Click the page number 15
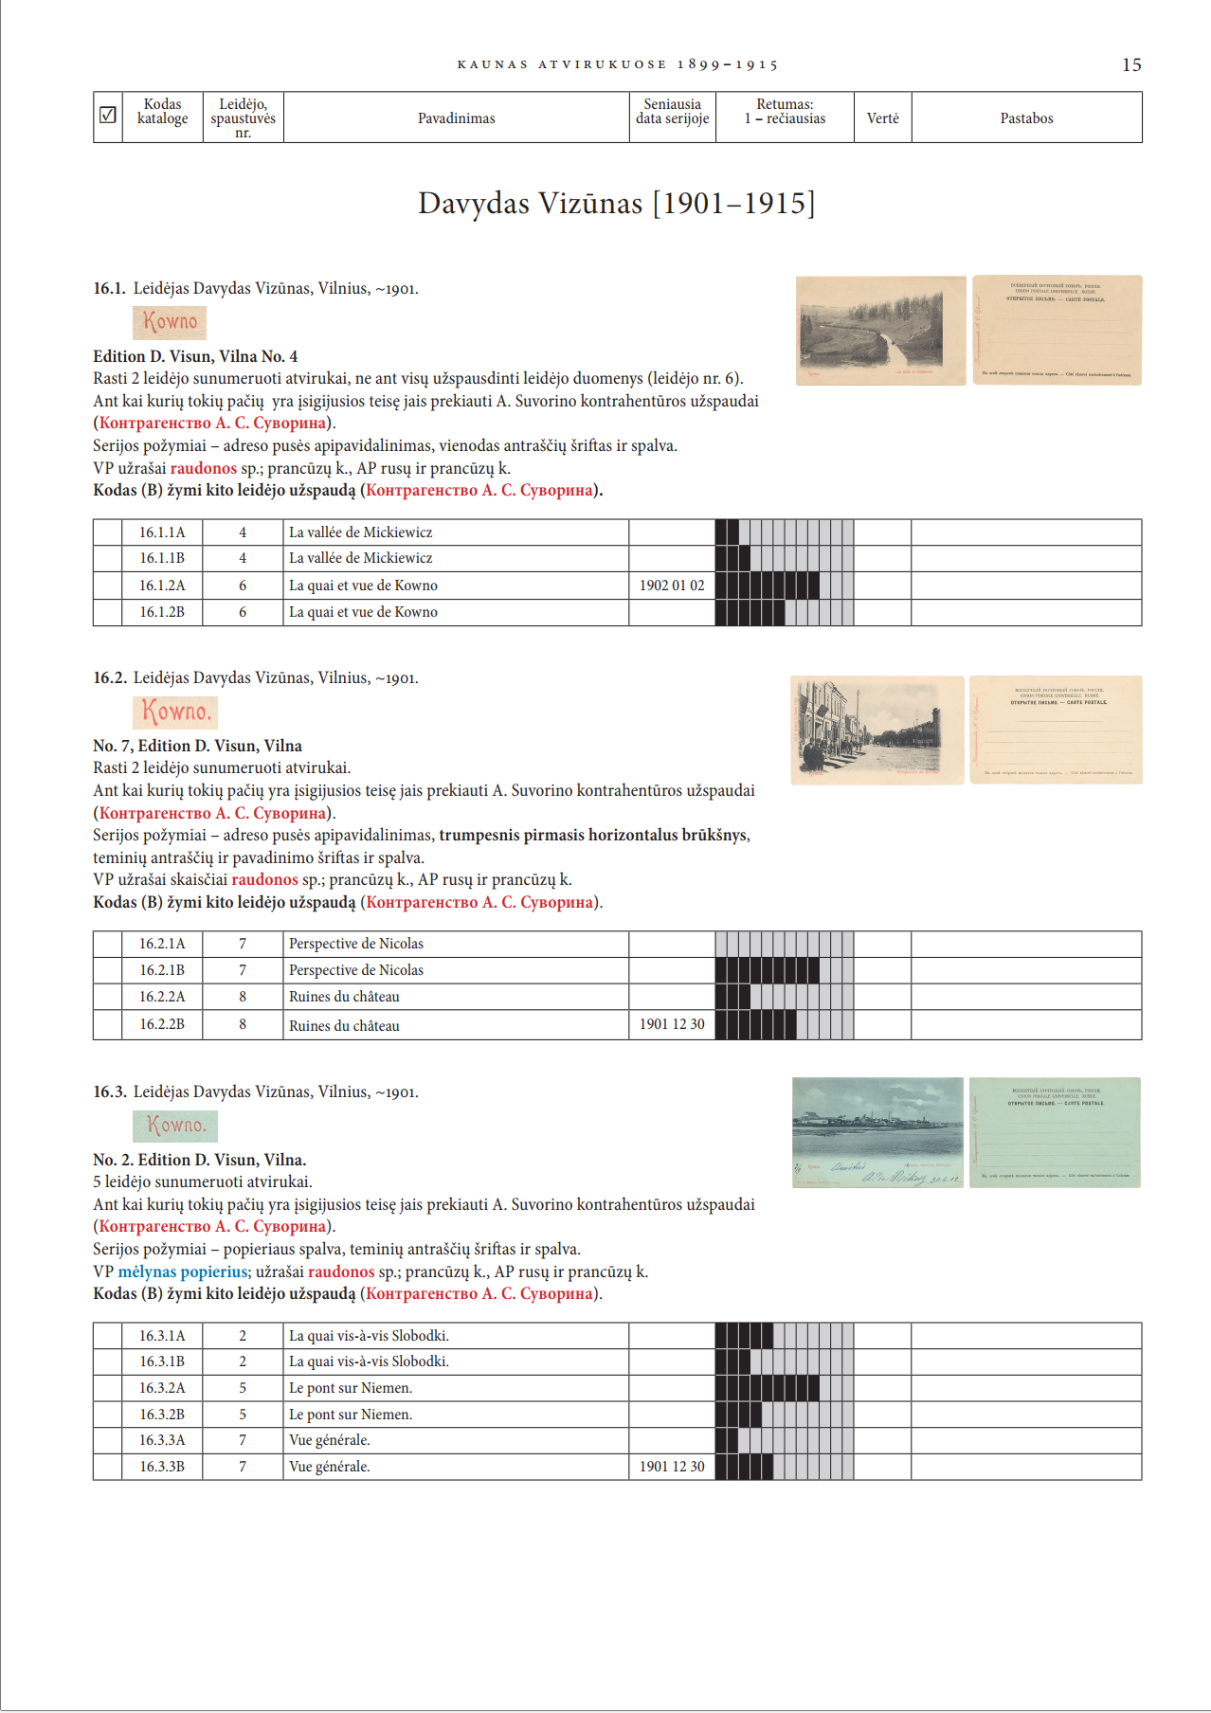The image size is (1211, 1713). click(x=1131, y=65)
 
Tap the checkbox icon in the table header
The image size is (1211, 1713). click(x=108, y=115)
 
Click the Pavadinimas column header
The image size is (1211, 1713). click(x=456, y=118)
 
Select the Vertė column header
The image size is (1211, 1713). click(x=882, y=118)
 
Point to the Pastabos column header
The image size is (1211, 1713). click(x=1026, y=118)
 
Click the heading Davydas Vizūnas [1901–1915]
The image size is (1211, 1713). click(x=616, y=204)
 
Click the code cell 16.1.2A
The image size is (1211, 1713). click(x=162, y=586)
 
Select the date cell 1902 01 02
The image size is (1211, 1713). click(x=672, y=586)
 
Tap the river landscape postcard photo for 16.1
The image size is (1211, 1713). click(x=880, y=331)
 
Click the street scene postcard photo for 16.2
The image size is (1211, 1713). click(x=877, y=730)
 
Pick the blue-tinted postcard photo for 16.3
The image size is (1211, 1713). click(x=877, y=1132)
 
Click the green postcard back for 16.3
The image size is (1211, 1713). click(x=1055, y=1132)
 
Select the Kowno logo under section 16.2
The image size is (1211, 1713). click(x=175, y=712)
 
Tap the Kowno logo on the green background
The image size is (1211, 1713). click(x=175, y=1126)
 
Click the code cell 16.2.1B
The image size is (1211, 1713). click(x=162, y=970)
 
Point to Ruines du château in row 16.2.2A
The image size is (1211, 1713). click(x=344, y=997)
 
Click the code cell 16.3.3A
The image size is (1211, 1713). click(x=162, y=1440)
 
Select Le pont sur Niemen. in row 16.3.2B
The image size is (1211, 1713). click(x=350, y=1415)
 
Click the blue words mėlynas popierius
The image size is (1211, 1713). click(x=183, y=1271)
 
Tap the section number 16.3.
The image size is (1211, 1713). click(x=109, y=1092)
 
